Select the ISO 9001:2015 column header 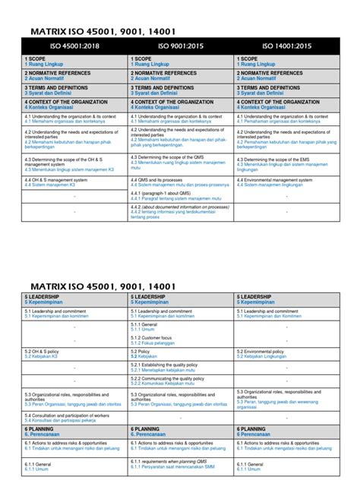point(180,46)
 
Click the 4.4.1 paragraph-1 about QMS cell point(180,195)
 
